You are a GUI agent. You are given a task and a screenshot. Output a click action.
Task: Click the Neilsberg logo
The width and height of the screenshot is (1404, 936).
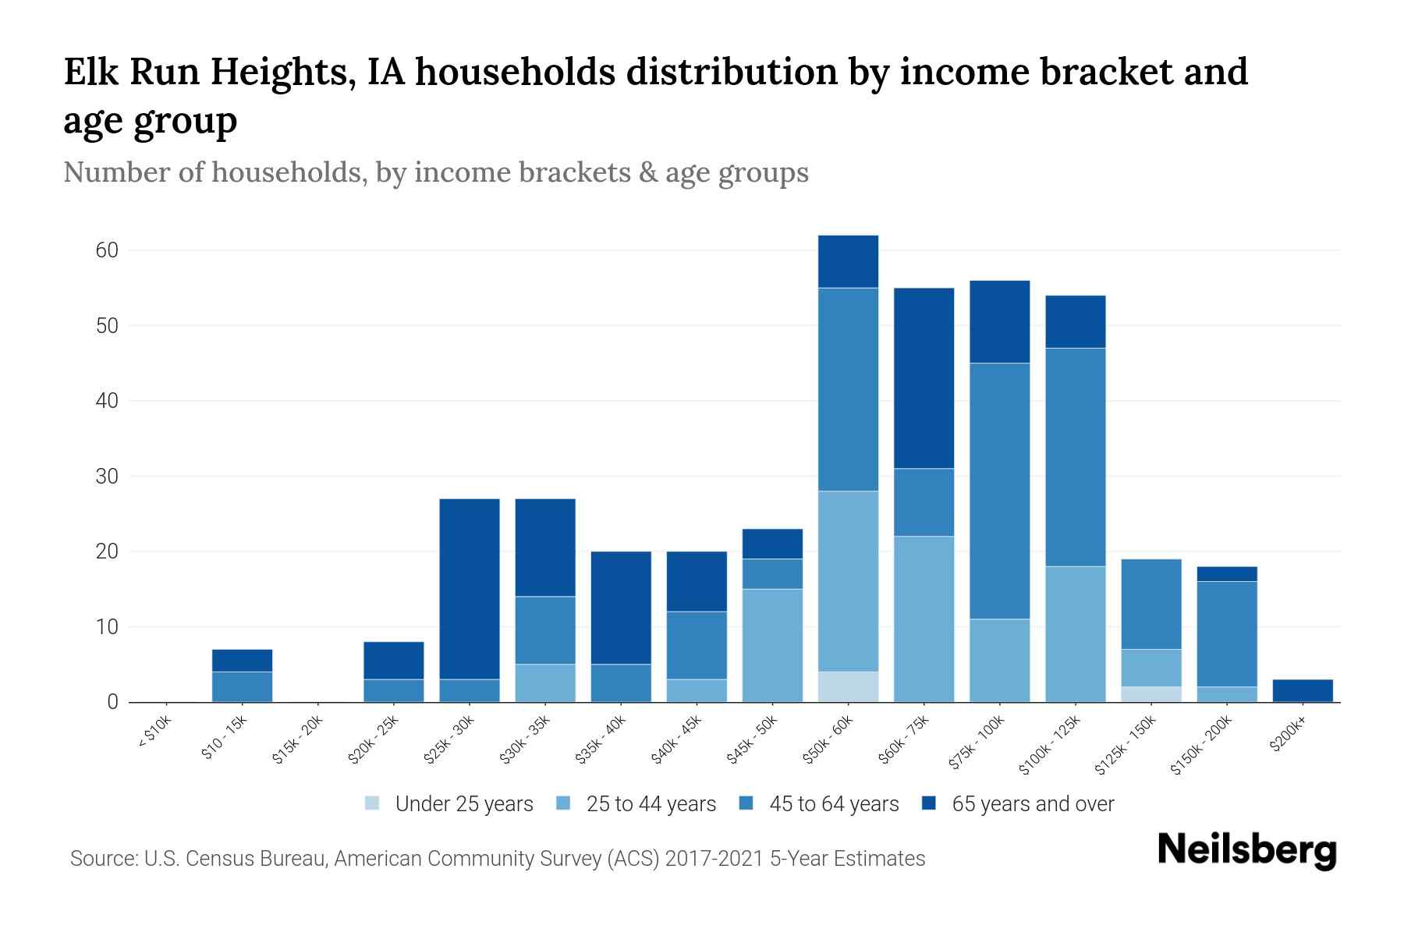[x=1246, y=850]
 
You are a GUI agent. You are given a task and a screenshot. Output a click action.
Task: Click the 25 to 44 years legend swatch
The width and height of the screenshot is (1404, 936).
[x=562, y=803]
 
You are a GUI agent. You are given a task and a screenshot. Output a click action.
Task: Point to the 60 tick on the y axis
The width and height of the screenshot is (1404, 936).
[x=108, y=250]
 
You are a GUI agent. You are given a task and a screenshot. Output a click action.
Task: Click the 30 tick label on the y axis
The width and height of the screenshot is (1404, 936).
[x=108, y=477]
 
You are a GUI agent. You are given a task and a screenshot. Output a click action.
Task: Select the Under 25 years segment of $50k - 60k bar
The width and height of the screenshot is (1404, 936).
[x=848, y=686]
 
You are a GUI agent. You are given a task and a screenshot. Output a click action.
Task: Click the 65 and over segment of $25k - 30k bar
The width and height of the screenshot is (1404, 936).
[x=470, y=589]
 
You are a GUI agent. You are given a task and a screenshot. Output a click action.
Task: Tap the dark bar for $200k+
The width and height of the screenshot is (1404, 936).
[x=1303, y=690]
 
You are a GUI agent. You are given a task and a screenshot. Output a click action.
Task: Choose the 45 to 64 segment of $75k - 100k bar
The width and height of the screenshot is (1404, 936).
[x=999, y=491]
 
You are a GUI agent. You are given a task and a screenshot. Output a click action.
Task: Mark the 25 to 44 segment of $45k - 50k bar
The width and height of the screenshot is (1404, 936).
[x=772, y=645]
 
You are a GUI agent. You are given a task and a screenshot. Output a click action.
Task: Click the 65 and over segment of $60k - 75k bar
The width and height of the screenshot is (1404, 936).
[x=924, y=378]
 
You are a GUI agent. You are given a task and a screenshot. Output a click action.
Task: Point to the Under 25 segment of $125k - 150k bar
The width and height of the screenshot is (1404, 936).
[x=1150, y=694]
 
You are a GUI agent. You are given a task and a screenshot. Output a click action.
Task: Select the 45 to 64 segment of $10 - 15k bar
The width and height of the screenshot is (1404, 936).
[x=242, y=686]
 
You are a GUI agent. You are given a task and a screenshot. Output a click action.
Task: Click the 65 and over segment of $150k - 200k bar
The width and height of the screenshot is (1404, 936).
[x=1226, y=574]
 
